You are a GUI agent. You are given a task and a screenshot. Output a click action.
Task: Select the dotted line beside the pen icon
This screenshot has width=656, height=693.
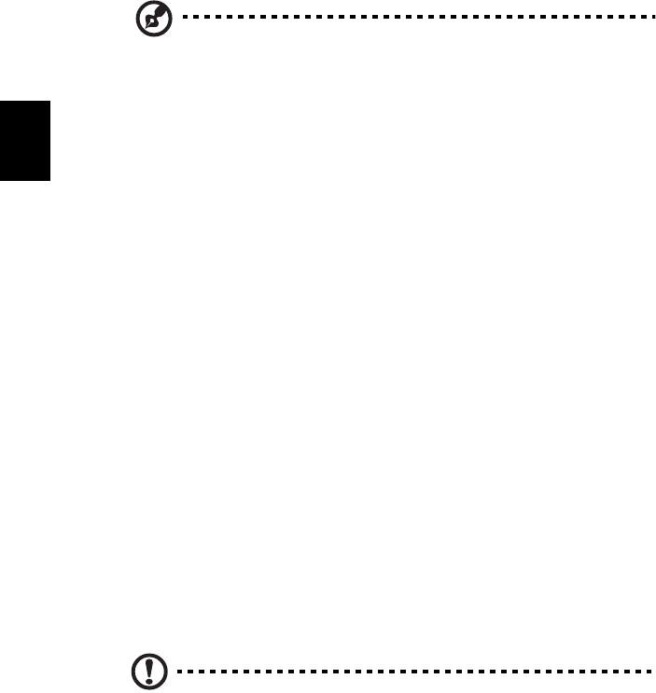(x=411, y=18)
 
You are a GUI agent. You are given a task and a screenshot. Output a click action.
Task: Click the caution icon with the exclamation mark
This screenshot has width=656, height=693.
(x=147, y=671)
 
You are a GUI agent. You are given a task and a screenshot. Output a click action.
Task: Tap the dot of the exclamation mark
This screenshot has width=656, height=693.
(x=147, y=677)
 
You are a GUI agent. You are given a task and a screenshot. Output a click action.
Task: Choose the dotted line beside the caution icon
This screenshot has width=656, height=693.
(x=411, y=671)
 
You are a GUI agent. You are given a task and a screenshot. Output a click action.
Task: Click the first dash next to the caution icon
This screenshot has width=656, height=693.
(x=179, y=671)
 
